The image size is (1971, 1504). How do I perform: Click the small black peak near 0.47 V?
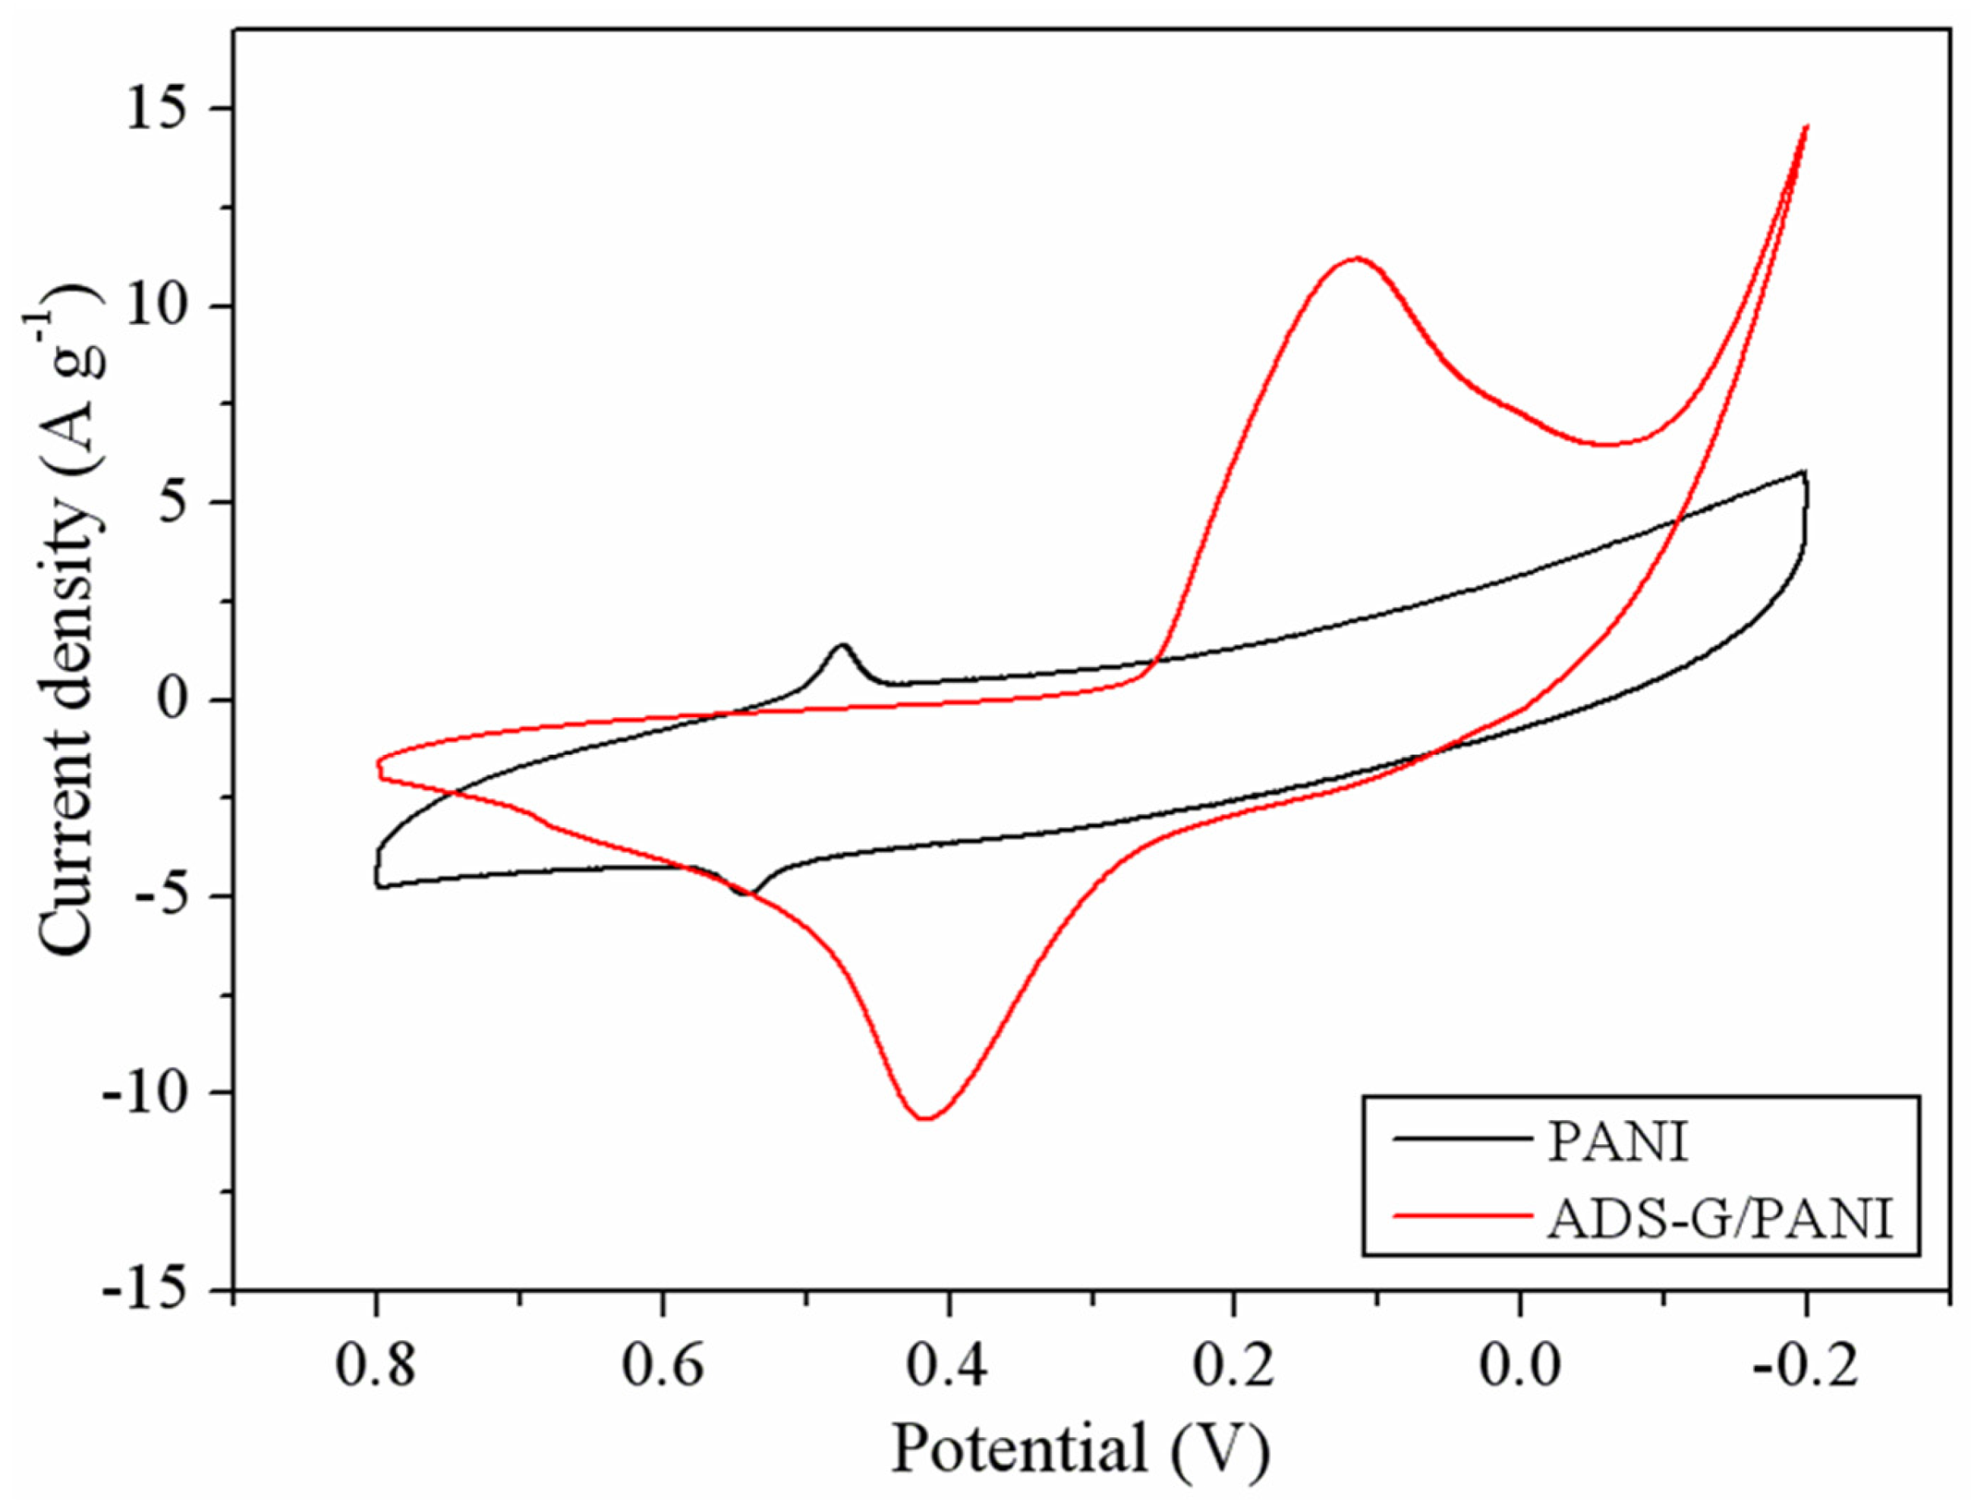tap(842, 644)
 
